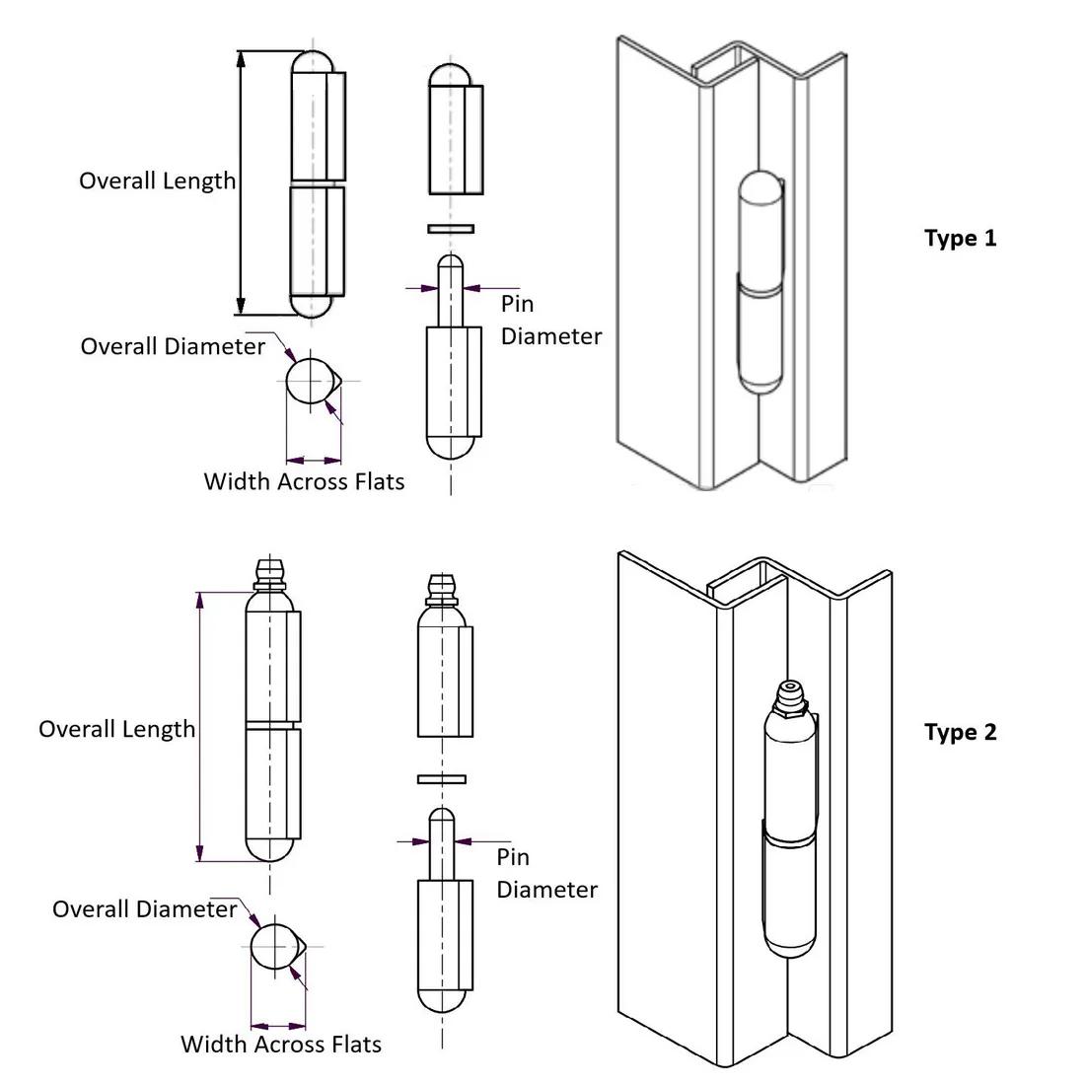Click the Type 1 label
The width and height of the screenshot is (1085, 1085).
960,238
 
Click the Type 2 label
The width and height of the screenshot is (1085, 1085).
960,732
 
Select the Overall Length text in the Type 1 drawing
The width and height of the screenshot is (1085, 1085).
158,181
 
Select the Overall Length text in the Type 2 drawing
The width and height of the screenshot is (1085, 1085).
116,729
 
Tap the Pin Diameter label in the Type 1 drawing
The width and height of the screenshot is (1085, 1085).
549,320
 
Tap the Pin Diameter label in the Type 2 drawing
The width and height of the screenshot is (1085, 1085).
545,873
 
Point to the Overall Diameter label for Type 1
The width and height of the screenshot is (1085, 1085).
173,346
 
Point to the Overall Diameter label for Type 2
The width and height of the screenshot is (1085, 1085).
144,908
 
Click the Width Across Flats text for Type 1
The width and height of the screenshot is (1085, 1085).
304,481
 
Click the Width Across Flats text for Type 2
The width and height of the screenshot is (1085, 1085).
281,1044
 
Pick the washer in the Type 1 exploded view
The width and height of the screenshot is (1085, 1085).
451,229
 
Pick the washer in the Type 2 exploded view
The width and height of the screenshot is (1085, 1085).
442,779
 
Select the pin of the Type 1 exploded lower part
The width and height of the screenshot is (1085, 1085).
451,291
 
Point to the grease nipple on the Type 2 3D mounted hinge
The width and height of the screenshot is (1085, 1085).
792,696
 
